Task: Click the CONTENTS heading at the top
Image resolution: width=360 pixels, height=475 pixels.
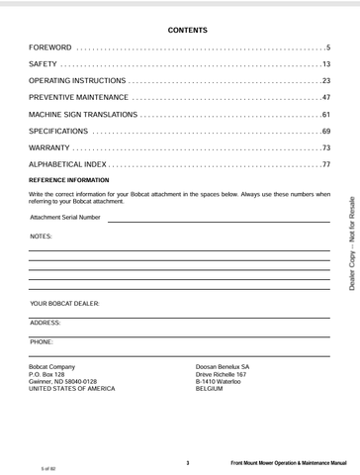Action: point(180,31)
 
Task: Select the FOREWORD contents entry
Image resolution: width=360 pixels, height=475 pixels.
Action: point(50,47)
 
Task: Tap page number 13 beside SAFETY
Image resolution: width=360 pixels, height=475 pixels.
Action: point(325,64)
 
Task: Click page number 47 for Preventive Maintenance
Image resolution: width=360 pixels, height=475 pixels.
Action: point(325,97)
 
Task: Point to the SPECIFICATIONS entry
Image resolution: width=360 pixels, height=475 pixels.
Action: point(58,131)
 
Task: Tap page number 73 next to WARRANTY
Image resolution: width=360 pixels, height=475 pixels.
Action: point(325,147)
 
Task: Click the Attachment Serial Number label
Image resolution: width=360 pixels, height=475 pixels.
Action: point(65,218)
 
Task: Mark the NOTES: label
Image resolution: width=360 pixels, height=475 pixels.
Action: point(42,237)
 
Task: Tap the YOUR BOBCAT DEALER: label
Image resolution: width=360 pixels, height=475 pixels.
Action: point(65,303)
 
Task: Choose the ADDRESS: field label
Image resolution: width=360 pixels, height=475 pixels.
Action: point(45,323)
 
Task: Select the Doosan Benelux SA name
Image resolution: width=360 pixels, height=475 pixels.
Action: point(223,366)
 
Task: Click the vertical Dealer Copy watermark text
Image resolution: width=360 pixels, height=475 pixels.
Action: point(351,241)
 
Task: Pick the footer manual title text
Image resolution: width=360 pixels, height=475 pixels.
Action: point(288,463)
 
